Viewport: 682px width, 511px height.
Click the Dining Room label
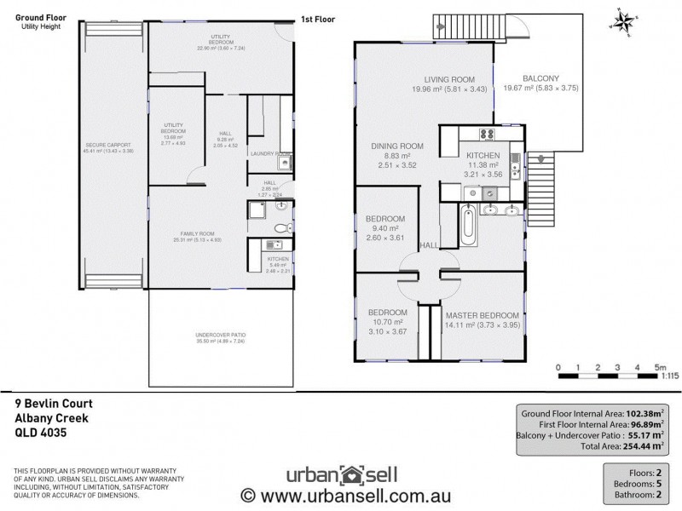(397, 146)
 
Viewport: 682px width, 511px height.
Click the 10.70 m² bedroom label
(387, 313)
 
